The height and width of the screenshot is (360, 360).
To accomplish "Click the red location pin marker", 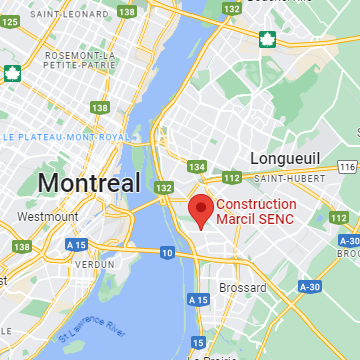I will [200, 210].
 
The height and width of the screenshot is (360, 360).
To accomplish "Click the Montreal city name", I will [88, 183].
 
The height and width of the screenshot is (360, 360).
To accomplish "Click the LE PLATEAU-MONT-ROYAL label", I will [67, 136].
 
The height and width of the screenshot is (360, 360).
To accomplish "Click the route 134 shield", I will [196, 166].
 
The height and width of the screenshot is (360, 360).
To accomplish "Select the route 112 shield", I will [232, 178].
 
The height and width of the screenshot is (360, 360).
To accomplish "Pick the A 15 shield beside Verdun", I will [76, 243].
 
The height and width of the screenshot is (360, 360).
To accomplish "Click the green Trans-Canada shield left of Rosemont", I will [12, 72].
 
